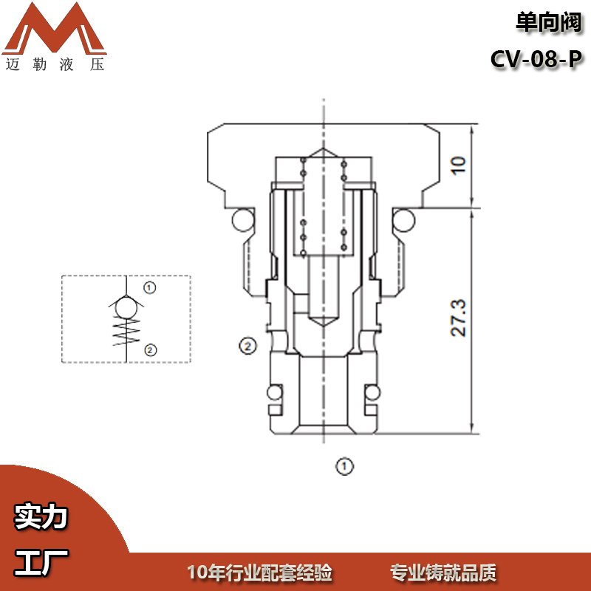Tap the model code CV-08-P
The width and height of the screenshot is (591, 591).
[536, 59]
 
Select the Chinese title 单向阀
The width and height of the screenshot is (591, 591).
[549, 23]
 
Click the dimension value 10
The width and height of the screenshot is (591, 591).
[459, 165]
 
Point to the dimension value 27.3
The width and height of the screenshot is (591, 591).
[459, 318]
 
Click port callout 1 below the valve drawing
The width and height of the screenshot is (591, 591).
[344, 466]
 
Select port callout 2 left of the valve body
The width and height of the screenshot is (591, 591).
[247, 346]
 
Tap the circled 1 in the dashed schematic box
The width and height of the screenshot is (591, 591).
[150, 288]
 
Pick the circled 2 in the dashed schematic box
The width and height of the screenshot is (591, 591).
[150, 350]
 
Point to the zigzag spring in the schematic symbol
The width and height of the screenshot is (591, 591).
[126, 332]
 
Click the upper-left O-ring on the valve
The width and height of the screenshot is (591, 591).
[243, 220]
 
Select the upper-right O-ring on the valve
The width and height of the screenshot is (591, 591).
[403, 220]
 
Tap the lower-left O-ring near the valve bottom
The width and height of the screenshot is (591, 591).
[275, 393]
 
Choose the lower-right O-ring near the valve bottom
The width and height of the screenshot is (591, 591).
[372, 393]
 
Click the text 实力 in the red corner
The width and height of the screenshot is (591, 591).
[41, 516]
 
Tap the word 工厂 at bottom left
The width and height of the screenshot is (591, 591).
[41, 562]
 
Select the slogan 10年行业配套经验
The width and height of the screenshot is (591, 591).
[260, 573]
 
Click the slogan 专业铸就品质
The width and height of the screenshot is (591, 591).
[443, 573]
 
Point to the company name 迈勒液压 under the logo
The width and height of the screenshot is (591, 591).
[55, 64]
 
